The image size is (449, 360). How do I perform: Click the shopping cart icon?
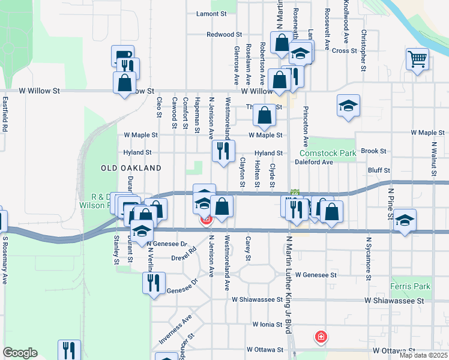tap(417, 59)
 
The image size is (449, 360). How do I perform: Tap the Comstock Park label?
tap(328, 154)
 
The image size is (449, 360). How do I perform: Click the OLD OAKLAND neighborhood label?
tap(131, 168)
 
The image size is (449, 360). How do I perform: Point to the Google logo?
tap(20, 353)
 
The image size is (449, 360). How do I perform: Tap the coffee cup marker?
tap(122, 56)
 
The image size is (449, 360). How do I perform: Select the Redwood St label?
tap(224, 35)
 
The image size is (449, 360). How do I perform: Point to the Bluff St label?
tap(379, 170)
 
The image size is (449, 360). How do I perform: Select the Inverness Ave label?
tap(175, 329)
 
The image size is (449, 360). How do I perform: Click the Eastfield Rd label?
tap(5, 114)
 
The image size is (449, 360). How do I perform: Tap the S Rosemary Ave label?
tap(5, 260)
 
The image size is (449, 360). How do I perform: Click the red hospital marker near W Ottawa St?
tap(321, 337)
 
